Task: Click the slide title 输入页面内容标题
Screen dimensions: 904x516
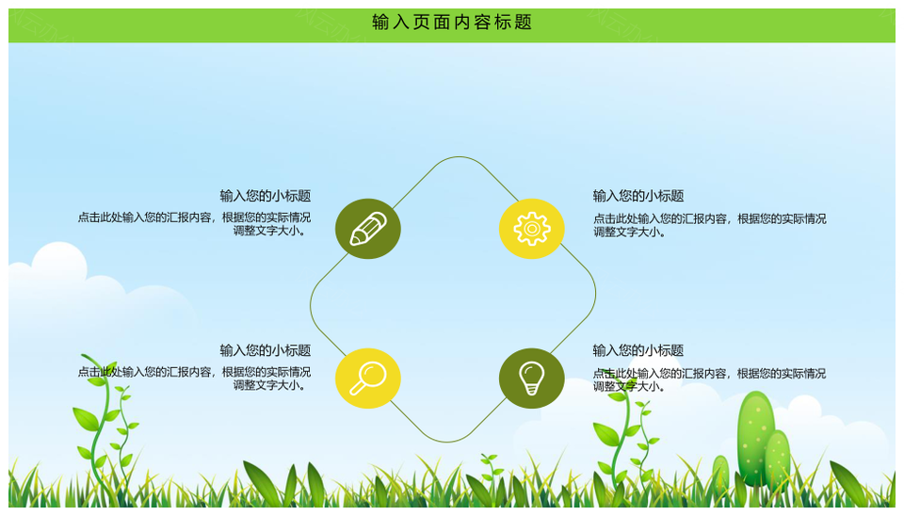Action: click(451, 23)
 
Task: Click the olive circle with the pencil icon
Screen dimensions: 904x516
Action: click(368, 229)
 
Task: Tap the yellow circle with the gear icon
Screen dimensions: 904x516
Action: click(531, 229)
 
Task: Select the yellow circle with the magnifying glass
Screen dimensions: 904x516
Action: click(368, 379)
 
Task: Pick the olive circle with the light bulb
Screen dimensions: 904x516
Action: click(531, 379)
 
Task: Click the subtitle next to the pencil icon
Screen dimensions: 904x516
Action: click(266, 196)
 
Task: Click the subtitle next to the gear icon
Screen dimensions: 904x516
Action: click(638, 196)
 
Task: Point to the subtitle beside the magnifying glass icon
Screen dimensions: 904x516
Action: click(266, 350)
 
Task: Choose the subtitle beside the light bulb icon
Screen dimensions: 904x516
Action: click(638, 350)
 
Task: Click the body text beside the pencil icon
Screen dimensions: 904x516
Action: click(194, 224)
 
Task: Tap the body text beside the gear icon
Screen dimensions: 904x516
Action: click(710, 225)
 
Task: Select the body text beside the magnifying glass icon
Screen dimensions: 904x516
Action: click(194, 379)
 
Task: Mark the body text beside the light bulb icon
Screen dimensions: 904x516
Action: click(710, 379)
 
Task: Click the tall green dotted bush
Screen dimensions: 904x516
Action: click(755, 438)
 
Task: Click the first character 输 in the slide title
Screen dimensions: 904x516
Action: click(380, 23)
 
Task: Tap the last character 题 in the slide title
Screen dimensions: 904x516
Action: click(524, 23)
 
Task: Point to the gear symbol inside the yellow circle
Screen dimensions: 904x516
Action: click(531, 229)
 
